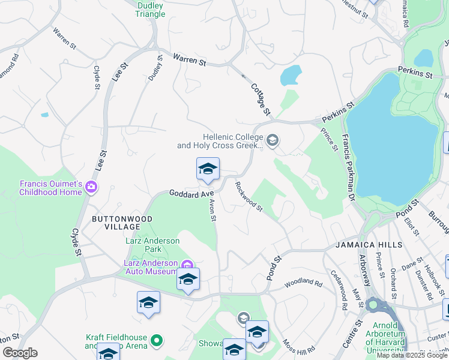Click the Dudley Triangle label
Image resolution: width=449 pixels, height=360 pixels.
tap(151, 10)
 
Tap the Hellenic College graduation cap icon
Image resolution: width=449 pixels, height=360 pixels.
tap(273, 141)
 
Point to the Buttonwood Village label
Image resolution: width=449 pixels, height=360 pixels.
tap(115, 223)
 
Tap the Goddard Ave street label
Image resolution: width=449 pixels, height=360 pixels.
tap(191, 194)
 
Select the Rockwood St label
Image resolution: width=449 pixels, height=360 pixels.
tap(249, 196)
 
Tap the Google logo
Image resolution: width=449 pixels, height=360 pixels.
tap(20, 352)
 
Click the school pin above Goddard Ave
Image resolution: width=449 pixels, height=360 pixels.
tap(208, 169)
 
